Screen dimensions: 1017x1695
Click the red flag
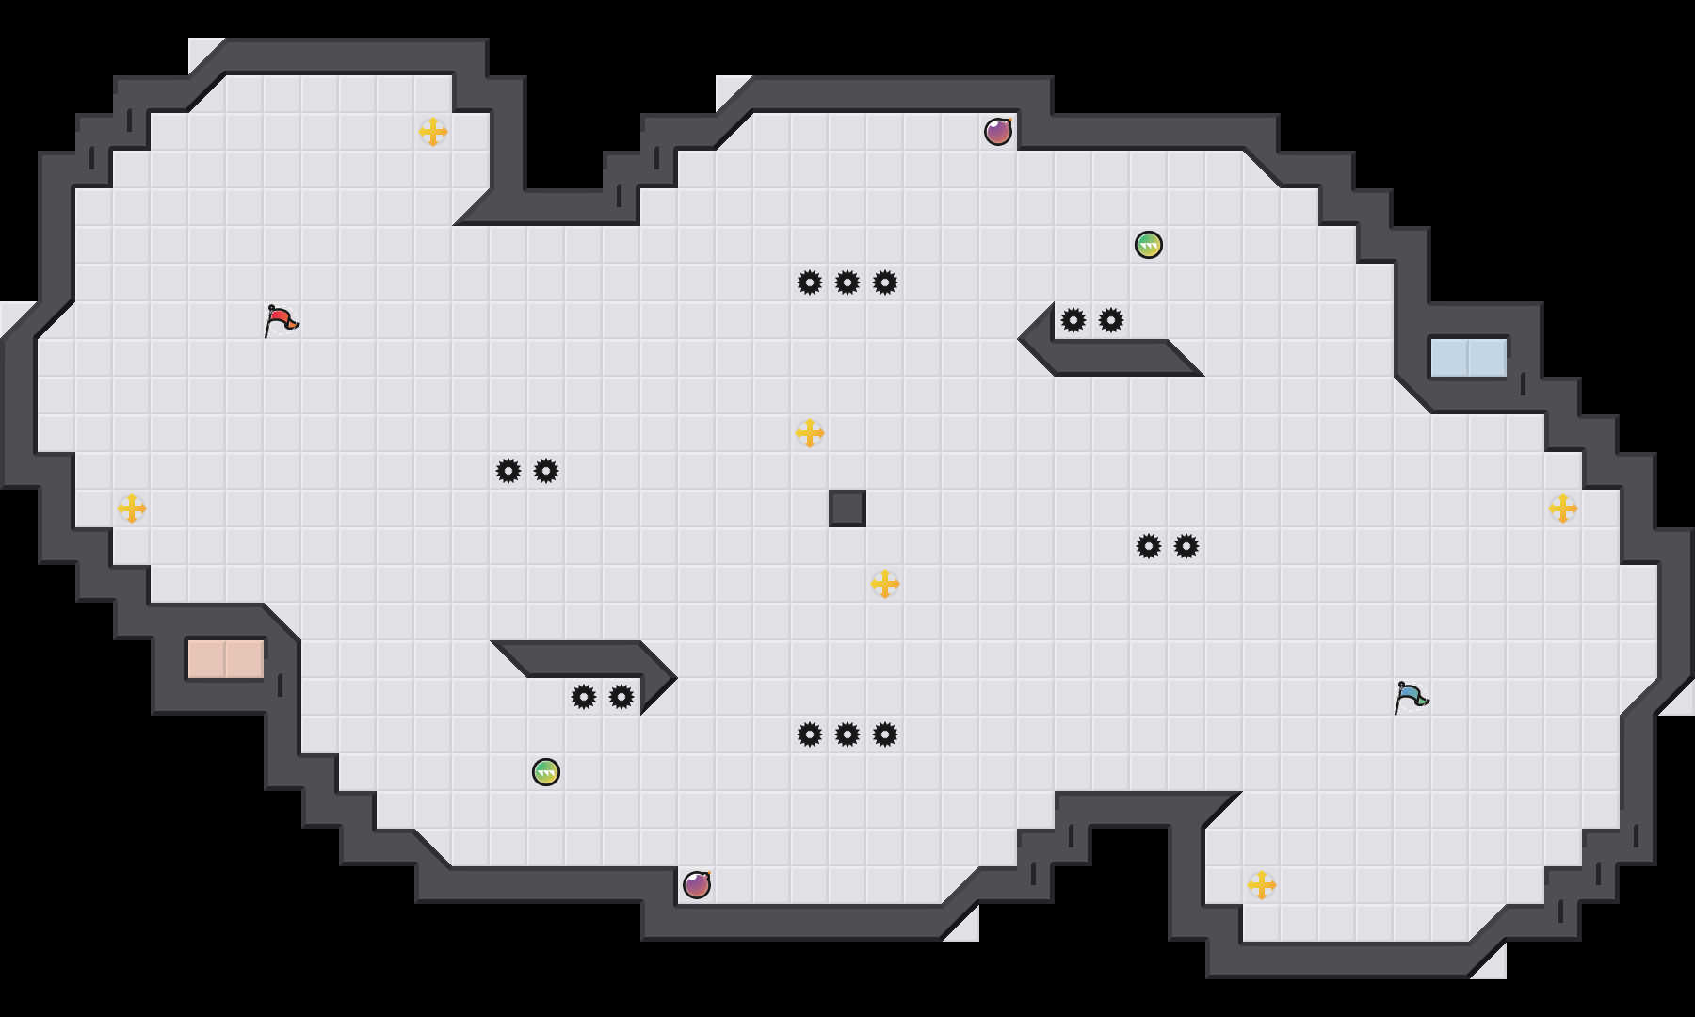pyautogui.click(x=281, y=320)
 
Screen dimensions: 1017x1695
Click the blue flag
pyautogui.click(x=1411, y=697)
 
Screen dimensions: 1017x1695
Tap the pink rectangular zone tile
pyautogui.click(x=226, y=659)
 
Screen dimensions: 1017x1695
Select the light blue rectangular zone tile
pyautogui.click(x=1468, y=358)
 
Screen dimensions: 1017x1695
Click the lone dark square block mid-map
pyautogui.click(x=847, y=508)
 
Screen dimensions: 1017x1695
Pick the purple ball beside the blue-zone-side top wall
pyautogui.click(x=998, y=132)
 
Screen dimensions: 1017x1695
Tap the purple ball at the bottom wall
pyautogui.click(x=697, y=885)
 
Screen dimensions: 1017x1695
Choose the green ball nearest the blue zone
pyautogui.click(x=1149, y=245)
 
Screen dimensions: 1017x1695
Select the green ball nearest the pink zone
pyautogui.click(x=546, y=772)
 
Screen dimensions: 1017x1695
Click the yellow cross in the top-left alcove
pyautogui.click(x=433, y=132)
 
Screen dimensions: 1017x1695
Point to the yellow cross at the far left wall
pyautogui.click(x=132, y=508)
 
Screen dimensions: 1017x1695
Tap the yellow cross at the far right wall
pyautogui.click(x=1563, y=508)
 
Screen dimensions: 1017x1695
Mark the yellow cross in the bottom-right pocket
pyautogui.click(x=1262, y=885)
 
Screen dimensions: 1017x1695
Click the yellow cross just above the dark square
pyautogui.click(x=810, y=433)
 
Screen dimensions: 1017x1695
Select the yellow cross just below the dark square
pyautogui.click(x=885, y=584)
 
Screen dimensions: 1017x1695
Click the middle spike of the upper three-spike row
pyautogui.click(x=847, y=282)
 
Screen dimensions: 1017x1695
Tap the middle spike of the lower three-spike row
pyautogui.click(x=847, y=734)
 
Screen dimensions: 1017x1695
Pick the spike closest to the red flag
pyautogui.click(x=508, y=471)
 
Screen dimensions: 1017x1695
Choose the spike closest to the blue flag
pyautogui.click(x=1186, y=546)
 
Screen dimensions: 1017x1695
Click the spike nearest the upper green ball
pyautogui.click(x=1111, y=320)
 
